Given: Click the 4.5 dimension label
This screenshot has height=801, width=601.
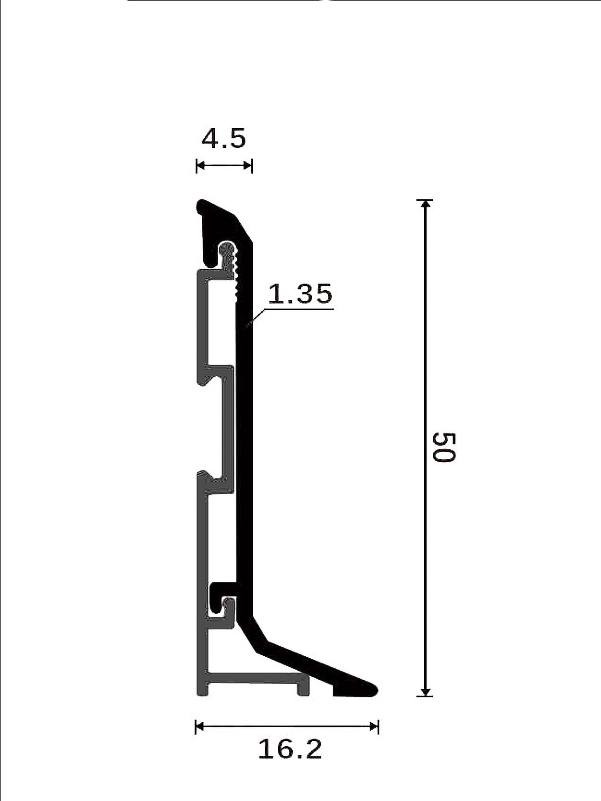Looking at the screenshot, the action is (224, 139).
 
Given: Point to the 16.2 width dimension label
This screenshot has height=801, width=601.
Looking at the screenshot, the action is (290, 749).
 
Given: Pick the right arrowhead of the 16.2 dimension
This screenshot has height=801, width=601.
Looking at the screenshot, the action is (373, 727).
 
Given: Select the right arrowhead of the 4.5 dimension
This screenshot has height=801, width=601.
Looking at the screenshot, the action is (248, 166).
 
